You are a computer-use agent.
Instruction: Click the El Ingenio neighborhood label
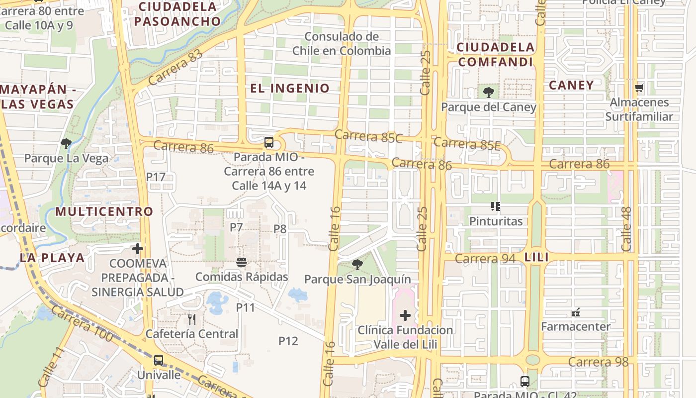click(290, 89)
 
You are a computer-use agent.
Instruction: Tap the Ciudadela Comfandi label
click(496, 55)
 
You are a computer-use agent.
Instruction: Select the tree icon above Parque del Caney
click(488, 92)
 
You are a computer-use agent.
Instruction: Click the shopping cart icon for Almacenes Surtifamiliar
click(639, 88)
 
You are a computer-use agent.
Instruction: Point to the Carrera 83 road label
click(175, 67)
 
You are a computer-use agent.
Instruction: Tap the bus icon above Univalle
click(158, 360)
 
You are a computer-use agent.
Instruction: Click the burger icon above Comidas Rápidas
click(242, 262)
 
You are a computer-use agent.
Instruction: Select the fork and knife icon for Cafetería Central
click(192, 318)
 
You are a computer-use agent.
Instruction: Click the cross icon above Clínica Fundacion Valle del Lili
click(405, 315)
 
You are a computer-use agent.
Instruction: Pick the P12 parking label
click(288, 341)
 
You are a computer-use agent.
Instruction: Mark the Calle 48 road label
click(626, 228)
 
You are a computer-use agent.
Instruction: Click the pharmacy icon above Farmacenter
click(576, 312)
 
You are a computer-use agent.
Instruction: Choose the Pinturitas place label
click(496, 221)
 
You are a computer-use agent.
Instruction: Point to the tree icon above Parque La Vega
click(66, 144)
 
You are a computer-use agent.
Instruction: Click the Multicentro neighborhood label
click(104, 211)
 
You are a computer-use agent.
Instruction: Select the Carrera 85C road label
click(368, 136)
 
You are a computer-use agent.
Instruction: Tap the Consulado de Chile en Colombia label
click(342, 44)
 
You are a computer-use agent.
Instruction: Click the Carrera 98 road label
click(598, 362)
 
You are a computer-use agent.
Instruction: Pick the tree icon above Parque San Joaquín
click(357, 264)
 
